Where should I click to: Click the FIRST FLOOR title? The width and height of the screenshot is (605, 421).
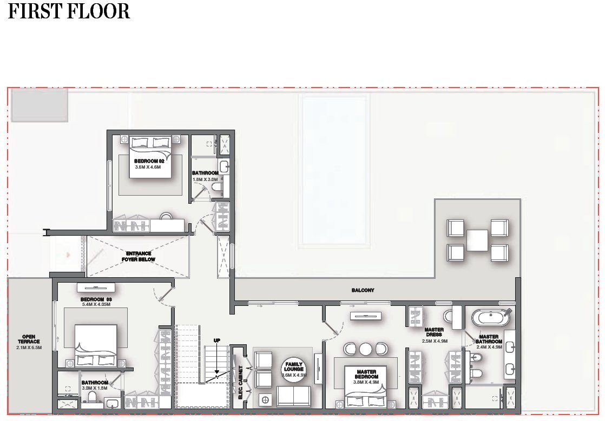(x=69, y=11)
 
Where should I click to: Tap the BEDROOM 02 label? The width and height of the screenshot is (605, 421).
(x=149, y=161)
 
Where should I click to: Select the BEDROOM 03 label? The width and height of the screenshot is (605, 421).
(x=95, y=299)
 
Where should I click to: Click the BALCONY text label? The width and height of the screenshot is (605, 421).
(x=363, y=290)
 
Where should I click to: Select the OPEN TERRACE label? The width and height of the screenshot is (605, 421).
(x=29, y=338)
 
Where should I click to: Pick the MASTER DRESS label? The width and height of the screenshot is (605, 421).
(x=434, y=332)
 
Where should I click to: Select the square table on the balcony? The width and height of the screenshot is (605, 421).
(x=477, y=240)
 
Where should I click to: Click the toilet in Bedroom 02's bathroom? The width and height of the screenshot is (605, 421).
(x=218, y=187)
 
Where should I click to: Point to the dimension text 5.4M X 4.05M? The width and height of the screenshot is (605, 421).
(x=95, y=305)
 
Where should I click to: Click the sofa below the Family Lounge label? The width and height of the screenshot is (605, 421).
(x=293, y=396)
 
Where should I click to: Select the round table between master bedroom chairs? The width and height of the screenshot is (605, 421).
(x=366, y=349)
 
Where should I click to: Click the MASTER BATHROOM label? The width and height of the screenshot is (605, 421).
(x=489, y=339)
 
